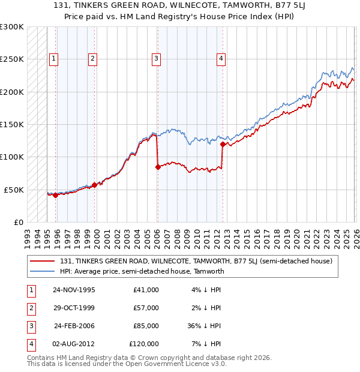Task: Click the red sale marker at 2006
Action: (158, 167)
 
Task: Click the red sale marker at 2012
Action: (223, 144)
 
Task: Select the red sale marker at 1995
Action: (55, 195)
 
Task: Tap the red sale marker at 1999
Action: (94, 185)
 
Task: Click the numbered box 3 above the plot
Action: (155, 59)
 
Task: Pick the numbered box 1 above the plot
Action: (54, 59)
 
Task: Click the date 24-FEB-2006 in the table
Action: (74, 326)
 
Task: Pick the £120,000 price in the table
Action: (144, 344)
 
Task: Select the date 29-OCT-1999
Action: (74, 308)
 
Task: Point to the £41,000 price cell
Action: (146, 290)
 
